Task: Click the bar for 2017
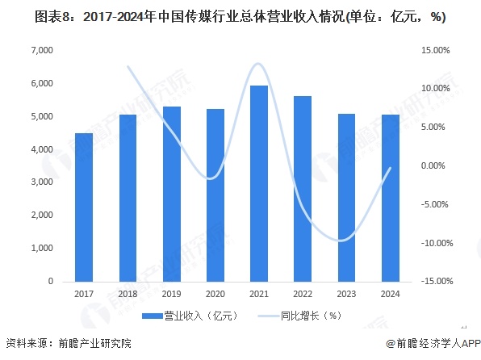pyautogui.click(x=84, y=207)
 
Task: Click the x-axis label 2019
pyautogui.click(x=171, y=295)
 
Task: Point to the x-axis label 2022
pyautogui.click(x=302, y=295)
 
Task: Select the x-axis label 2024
pyautogui.click(x=389, y=295)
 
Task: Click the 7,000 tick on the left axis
pyautogui.click(x=40, y=51)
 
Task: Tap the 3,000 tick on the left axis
pyautogui.click(x=40, y=182)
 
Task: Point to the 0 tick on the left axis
pyautogui.click(x=50, y=282)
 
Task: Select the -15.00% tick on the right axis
pyautogui.click(x=434, y=282)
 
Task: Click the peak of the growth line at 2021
pyautogui.click(x=257, y=63)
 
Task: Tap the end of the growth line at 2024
pyautogui.click(x=391, y=168)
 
